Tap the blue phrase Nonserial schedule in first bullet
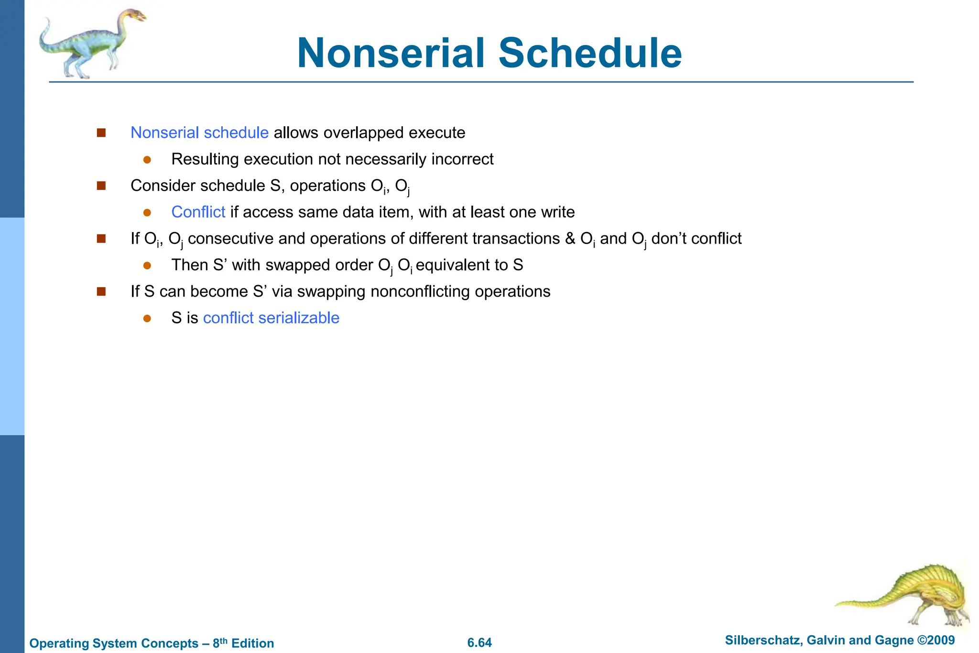click(199, 133)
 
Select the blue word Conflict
click(198, 212)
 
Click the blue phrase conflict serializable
click(271, 318)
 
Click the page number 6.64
click(479, 642)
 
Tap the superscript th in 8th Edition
click(224, 640)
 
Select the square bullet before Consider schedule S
click(101, 186)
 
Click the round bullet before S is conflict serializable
click(147, 318)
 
